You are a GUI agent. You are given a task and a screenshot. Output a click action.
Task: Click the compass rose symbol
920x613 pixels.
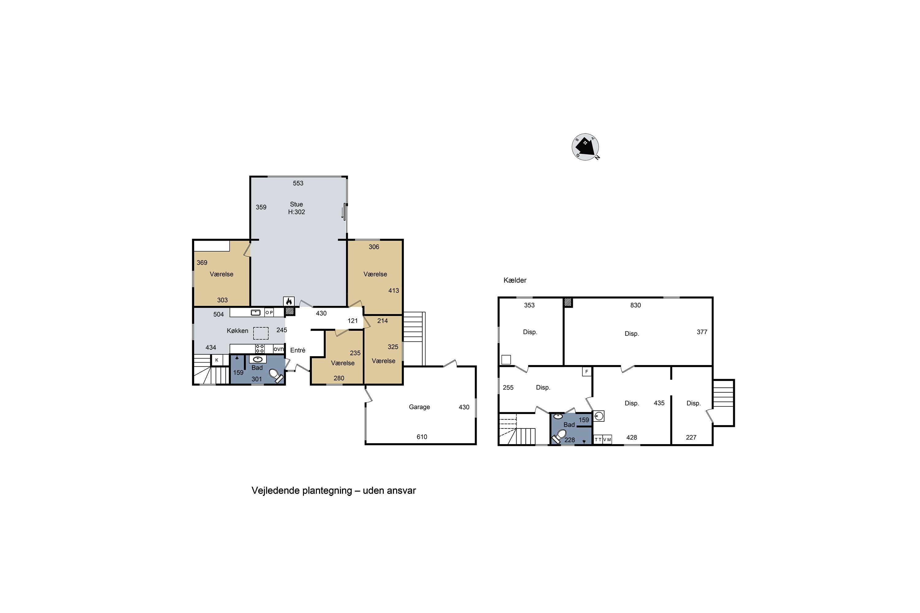click(585, 147)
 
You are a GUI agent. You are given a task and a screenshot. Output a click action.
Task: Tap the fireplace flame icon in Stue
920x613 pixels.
click(289, 301)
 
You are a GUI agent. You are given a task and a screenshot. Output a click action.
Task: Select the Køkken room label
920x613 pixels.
click(237, 331)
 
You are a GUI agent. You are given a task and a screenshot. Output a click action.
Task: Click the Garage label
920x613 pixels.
click(419, 407)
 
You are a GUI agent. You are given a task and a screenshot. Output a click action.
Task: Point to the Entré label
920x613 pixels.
click(298, 350)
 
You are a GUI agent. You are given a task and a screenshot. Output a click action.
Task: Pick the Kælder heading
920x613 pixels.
click(515, 280)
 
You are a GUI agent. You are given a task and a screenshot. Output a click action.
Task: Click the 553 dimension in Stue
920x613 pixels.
click(298, 183)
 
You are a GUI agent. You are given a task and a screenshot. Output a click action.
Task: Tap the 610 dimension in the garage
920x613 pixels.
click(422, 437)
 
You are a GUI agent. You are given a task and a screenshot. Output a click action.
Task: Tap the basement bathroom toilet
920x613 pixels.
click(559, 436)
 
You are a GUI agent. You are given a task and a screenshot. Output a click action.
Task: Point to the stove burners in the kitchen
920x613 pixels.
click(260, 349)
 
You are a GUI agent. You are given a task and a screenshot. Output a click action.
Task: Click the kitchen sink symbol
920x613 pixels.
click(255, 312)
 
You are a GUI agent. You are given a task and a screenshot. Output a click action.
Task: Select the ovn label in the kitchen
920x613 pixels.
click(278, 349)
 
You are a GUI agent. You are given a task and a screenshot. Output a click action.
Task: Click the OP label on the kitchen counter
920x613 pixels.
click(269, 312)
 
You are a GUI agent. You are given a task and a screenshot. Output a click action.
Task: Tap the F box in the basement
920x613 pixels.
click(586, 372)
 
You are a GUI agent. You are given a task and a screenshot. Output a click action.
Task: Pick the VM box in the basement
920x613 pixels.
click(607, 440)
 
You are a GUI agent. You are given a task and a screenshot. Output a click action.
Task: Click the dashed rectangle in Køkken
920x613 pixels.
click(261, 333)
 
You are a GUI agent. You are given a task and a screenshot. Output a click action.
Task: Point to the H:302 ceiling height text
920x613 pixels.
click(297, 212)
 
